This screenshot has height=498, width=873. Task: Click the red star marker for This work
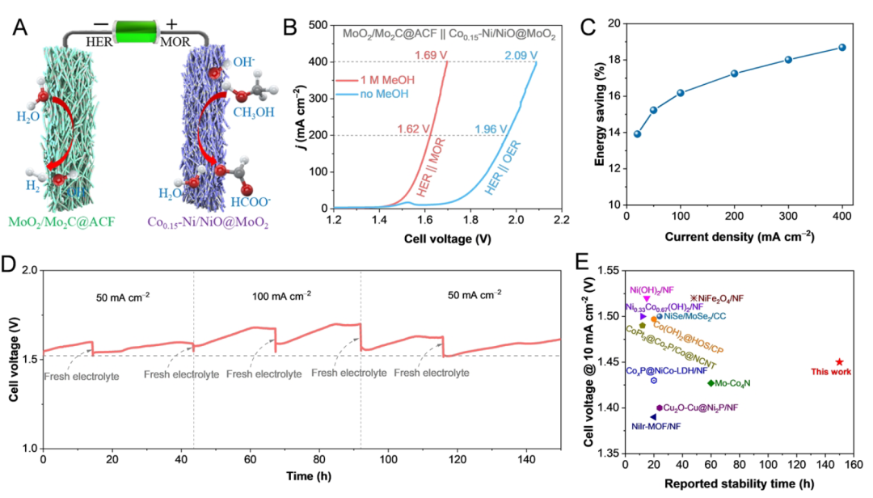tap(840, 361)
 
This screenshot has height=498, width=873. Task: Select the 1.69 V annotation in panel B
tap(430, 56)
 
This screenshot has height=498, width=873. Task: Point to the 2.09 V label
tap(521, 56)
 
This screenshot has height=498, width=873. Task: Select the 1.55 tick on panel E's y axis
tap(608, 272)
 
